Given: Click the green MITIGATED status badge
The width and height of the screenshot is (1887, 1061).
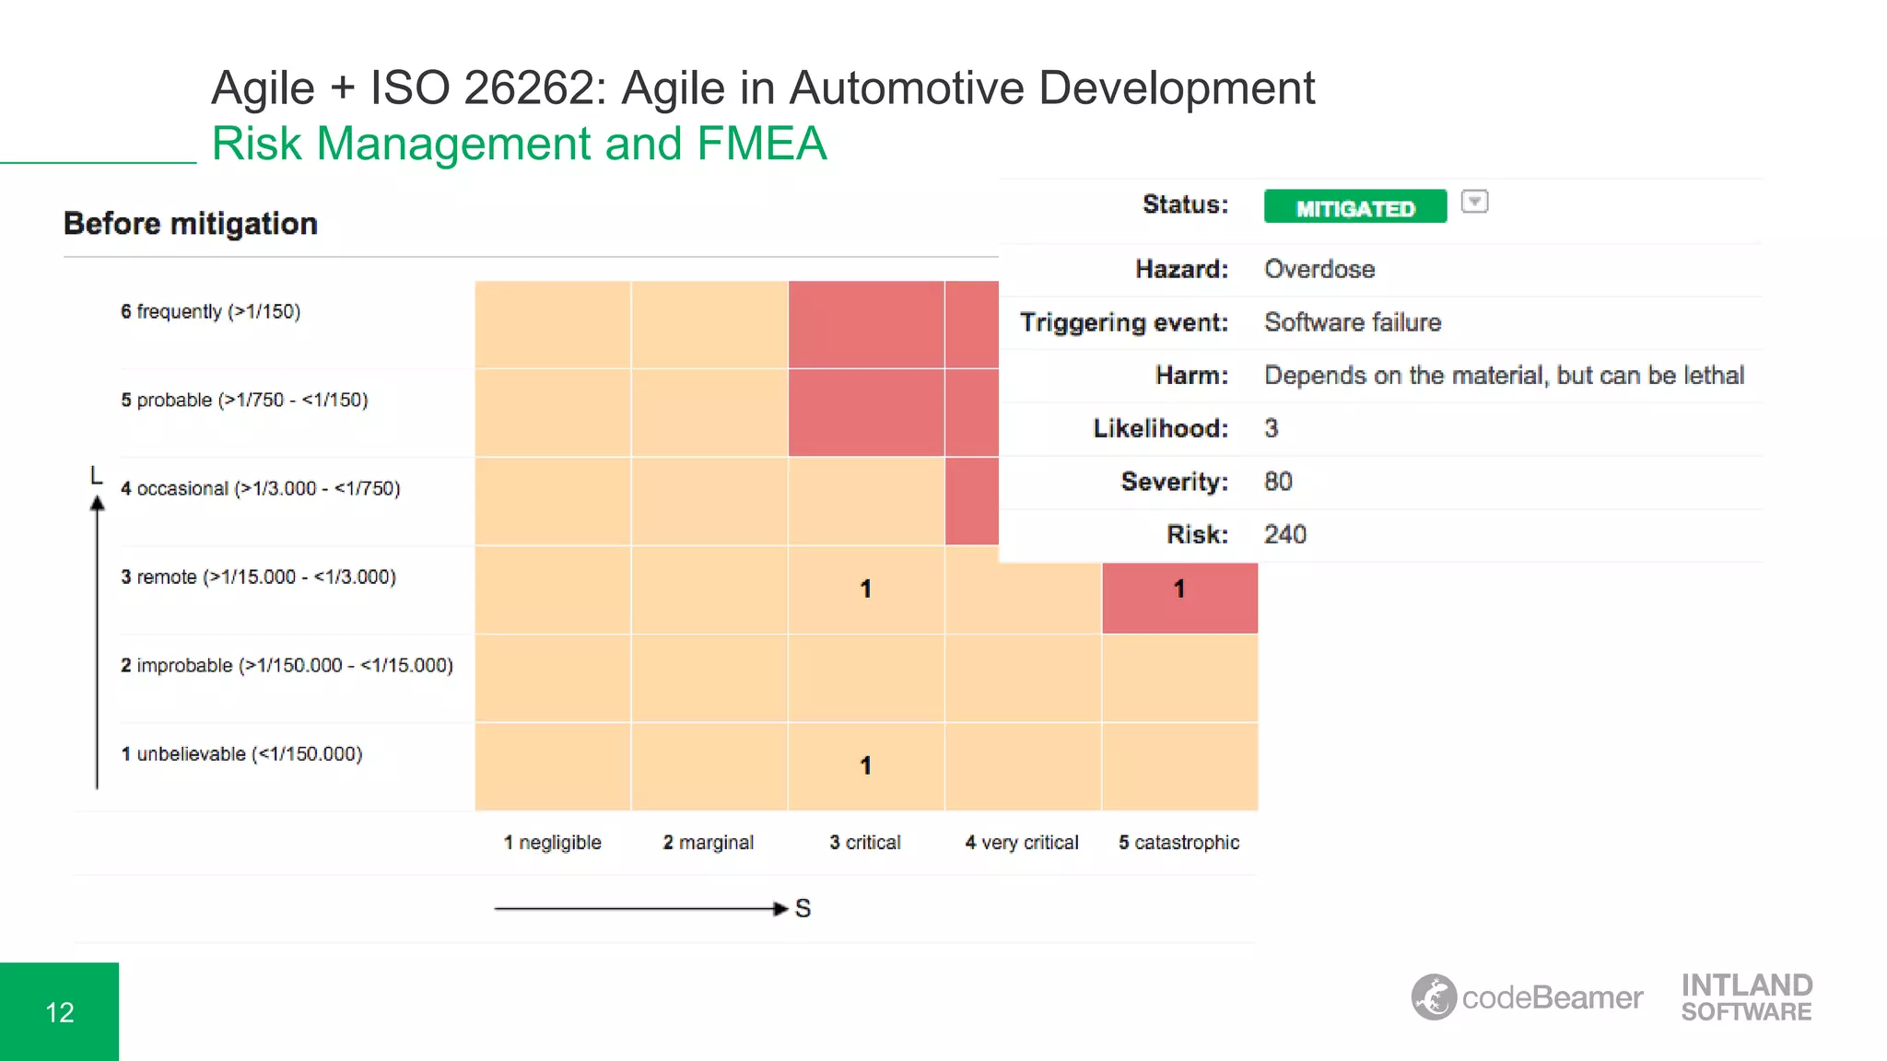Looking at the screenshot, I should coord(1354,206).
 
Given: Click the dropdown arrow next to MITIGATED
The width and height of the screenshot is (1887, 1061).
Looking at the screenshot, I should coord(1474,202).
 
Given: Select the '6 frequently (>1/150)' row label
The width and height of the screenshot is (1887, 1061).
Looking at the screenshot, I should coord(210,311).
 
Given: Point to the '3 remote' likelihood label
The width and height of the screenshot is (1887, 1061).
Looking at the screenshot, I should coord(258,577).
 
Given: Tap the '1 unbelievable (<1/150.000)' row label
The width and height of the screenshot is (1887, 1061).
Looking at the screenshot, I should coord(241,753).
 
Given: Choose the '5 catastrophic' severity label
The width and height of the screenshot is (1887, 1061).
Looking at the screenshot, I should coord(1178,842).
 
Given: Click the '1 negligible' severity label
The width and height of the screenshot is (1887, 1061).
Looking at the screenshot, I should coord(552,842).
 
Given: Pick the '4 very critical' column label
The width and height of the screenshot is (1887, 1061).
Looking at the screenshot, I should coord(1022,842).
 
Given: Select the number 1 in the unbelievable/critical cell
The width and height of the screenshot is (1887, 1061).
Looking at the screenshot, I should coord(865,765).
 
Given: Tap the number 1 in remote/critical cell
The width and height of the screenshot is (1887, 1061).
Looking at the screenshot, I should coord(865,589).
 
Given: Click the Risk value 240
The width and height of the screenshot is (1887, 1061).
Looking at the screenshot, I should coord(1284,534).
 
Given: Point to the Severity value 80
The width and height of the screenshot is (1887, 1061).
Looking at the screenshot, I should coord(1278,481).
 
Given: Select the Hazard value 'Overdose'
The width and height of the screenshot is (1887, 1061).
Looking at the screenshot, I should coord(1319,269).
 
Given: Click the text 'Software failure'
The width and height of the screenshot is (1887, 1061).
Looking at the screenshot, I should coord(1352,322).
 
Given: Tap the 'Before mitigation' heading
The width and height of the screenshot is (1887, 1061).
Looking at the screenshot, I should coord(191,224).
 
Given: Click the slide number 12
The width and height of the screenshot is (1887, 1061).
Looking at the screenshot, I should coord(60,1012).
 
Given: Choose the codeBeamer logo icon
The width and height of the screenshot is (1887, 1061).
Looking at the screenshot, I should coord(1434,997).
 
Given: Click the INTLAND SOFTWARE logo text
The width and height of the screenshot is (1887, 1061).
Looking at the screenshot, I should coord(1746,997).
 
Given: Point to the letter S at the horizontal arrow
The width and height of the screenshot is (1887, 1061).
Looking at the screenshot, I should coord(803,908).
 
